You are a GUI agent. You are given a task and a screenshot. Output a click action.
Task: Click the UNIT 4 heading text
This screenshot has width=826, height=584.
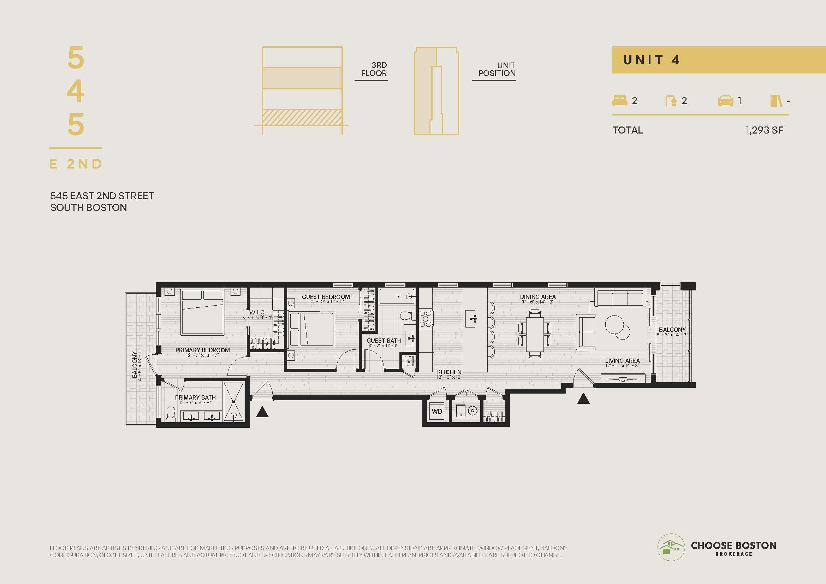651,60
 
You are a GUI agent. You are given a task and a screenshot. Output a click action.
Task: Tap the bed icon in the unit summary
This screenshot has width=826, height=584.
619,101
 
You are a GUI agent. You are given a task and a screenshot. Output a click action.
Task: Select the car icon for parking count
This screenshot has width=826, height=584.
726,101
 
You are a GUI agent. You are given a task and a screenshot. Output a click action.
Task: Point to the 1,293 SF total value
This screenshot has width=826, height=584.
764,130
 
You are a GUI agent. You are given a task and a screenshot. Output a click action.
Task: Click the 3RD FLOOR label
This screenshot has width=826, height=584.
374,69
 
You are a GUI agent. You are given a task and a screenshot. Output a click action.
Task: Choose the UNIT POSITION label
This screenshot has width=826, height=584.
497,69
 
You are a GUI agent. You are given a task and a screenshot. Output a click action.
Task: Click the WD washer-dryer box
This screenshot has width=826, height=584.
437,411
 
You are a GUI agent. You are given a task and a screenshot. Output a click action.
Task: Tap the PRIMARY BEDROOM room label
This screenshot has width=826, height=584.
203,350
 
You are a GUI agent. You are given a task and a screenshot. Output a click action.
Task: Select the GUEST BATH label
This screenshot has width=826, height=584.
384,340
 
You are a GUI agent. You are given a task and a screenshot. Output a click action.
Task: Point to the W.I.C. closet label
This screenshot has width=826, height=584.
257,312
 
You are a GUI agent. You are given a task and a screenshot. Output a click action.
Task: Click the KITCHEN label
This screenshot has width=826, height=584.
449,372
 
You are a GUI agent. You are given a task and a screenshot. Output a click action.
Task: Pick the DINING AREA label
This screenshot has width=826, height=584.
538,297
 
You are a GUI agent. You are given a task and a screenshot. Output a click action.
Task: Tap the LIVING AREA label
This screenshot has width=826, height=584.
622,361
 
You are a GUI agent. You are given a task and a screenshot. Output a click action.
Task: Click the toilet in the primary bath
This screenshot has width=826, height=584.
171,414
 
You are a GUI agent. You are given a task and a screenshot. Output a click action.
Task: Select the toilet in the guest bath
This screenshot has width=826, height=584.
407,316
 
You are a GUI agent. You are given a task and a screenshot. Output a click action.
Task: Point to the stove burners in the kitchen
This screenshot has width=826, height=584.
426,319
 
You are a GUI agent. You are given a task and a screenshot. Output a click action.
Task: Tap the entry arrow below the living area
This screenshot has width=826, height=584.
583,398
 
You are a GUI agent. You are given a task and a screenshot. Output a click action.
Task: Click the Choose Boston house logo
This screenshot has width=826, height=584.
671,547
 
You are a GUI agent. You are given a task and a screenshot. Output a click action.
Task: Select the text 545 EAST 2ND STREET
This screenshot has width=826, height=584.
102,196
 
